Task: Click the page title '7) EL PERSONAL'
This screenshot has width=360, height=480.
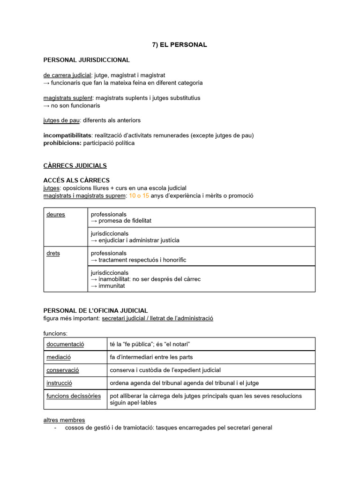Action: tap(180, 45)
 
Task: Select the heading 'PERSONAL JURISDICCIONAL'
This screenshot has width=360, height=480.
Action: tap(86, 60)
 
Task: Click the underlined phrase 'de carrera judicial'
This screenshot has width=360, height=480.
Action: tap(67, 75)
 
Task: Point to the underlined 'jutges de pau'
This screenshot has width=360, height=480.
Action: tap(61, 120)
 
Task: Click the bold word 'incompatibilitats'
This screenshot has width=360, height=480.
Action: tap(67, 135)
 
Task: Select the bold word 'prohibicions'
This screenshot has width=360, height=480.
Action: tap(62, 143)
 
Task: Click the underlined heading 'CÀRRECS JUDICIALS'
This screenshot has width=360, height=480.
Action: tap(75, 165)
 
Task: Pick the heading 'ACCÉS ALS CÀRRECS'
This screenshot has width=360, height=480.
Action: tap(76, 180)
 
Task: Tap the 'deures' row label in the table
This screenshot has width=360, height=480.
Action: tap(56, 215)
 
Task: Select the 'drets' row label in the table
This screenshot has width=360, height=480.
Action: tap(53, 253)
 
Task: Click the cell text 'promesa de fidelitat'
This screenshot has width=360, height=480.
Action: tap(125, 220)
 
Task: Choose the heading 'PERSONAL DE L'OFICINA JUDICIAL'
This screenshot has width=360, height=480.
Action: tap(96, 310)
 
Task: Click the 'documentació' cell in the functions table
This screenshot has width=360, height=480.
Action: tap(65, 344)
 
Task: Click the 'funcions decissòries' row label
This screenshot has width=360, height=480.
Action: tap(74, 396)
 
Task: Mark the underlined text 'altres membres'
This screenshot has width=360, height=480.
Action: tap(64, 420)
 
